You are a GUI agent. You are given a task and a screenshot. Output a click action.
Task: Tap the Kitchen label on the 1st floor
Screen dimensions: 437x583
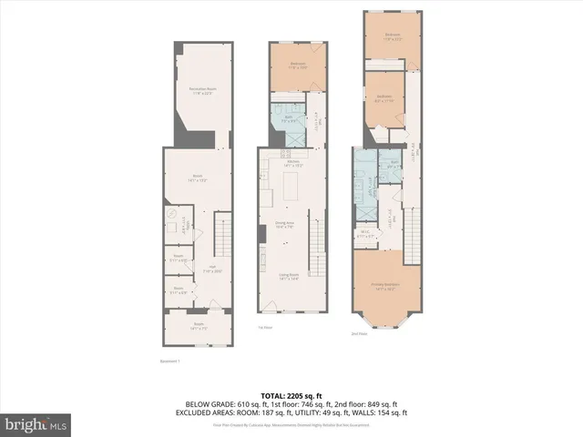tap(293, 164)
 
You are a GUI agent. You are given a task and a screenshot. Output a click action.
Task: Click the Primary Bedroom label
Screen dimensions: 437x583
tap(387, 287)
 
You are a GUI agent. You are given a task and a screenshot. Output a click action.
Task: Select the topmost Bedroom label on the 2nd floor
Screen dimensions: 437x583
tap(393, 38)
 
